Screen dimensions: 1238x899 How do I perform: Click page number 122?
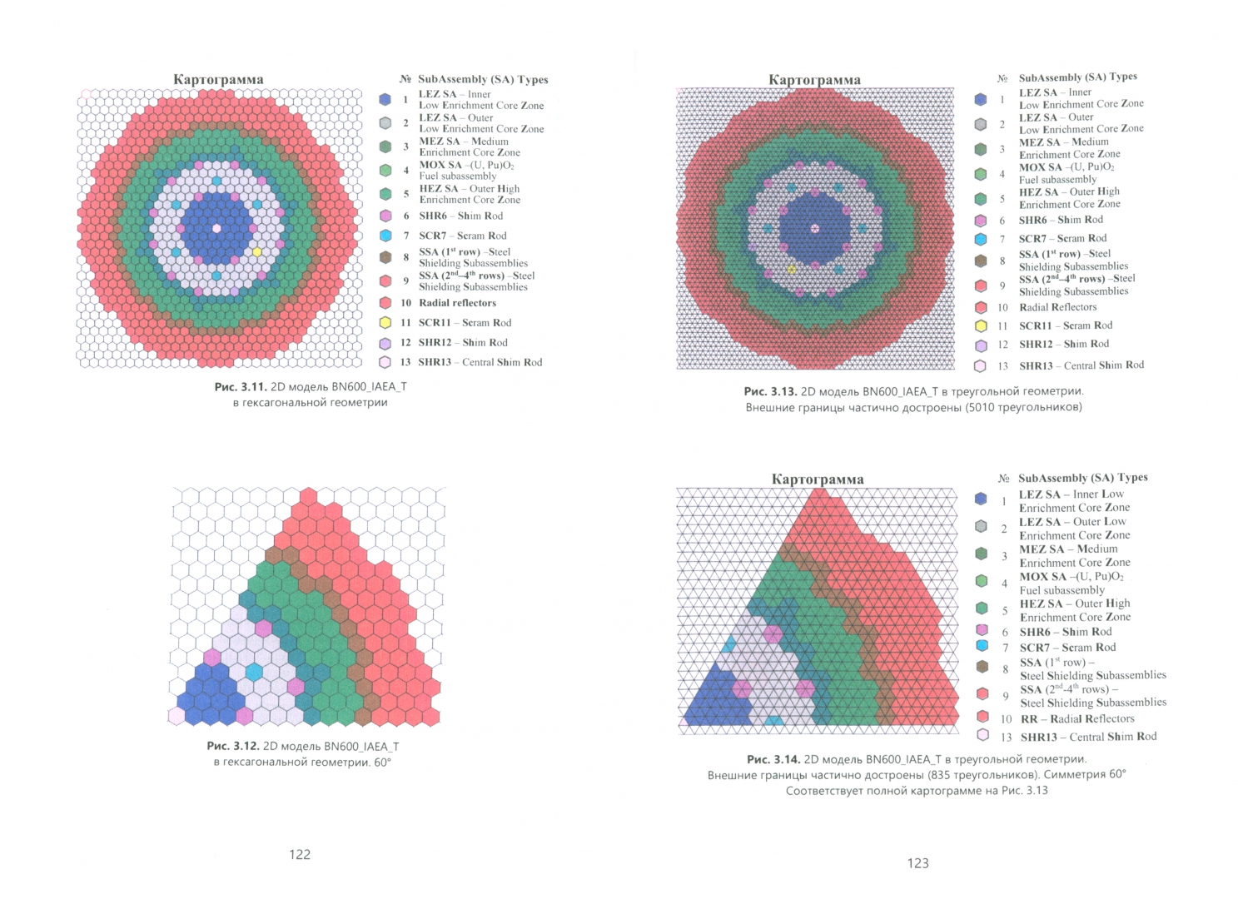point(300,855)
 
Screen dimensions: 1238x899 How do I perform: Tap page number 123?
point(918,863)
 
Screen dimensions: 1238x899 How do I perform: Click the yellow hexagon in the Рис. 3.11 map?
point(256,252)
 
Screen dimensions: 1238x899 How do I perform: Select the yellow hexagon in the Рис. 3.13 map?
point(792,270)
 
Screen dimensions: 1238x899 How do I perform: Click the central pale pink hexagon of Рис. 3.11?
point(216,228)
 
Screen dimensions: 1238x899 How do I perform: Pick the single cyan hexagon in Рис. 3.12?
point(254,673)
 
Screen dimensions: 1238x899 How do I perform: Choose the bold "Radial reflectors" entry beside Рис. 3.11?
point(457,303)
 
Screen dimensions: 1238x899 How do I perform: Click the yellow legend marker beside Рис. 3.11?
point(385,323)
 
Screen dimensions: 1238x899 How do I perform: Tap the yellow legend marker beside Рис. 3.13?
point(981,326)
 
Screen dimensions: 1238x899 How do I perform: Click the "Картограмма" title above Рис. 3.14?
point(818,479)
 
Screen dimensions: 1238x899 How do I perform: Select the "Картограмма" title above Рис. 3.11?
point(218,80)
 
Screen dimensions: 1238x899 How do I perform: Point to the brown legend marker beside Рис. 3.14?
point(982,667)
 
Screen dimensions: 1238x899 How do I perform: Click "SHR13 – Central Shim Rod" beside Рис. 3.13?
point(1081,365)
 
